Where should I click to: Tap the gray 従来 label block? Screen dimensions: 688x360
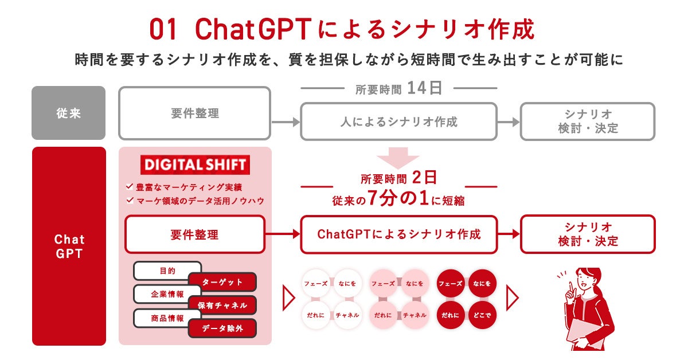tap(69, 113)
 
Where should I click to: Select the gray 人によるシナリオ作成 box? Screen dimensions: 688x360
tap(399, 122)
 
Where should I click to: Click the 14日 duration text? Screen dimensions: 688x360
tap(425, 88)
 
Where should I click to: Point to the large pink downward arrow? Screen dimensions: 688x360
tap(398, 156)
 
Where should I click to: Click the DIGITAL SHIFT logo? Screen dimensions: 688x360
tap(195, 165)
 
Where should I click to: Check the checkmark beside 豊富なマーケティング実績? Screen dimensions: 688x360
tap(129, 187)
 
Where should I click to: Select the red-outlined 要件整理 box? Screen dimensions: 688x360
tap(194, 234)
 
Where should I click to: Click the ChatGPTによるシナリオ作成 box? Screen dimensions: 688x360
tap(399, 234)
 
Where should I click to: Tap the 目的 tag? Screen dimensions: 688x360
tap(167, 271)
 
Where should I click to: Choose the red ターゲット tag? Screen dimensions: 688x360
tap(222, 282)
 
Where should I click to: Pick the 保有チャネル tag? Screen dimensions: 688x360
tap(222, 306)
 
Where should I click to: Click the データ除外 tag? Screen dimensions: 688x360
tap(222, 328)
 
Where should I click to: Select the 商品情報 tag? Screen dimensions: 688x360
tap(167, 318)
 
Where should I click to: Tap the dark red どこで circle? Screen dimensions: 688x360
tap(482, 315)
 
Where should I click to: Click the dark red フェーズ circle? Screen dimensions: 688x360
tap(451, 283)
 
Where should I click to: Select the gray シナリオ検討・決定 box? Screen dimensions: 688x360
tap(588, 122)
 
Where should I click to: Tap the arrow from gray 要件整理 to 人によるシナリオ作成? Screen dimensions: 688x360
tap(286, 122)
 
